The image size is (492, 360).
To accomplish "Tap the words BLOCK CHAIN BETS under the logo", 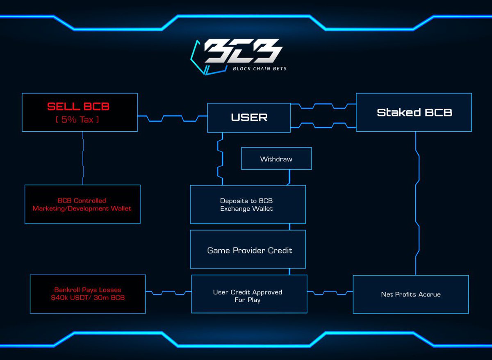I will tap(260, 69).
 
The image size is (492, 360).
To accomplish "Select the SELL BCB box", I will tap(80, 112).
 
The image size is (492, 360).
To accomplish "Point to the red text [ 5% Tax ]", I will tap(78, 120).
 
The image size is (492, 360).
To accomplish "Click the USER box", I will tap(249, 118).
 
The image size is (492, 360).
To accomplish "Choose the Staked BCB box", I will tap(414, 112).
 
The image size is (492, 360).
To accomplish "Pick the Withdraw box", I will tap(276, 159).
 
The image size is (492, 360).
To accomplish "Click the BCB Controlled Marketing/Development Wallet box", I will tap(82, 204).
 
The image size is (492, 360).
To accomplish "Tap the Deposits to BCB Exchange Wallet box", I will tap(248, 204).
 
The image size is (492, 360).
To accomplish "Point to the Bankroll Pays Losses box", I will tap(88, 294).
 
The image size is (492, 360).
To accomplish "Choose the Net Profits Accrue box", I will tap(410, 294).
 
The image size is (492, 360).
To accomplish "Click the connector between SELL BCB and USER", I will tap(172, 118).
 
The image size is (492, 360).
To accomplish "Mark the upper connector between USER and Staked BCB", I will tap(323, 106).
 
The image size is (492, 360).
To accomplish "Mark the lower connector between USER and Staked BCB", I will tap(323, 125).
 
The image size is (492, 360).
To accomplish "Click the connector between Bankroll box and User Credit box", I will tap(169, 293).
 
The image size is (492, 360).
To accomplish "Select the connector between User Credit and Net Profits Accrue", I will tap(330, 293).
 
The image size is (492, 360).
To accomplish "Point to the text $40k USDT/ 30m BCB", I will tap(88, 298).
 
